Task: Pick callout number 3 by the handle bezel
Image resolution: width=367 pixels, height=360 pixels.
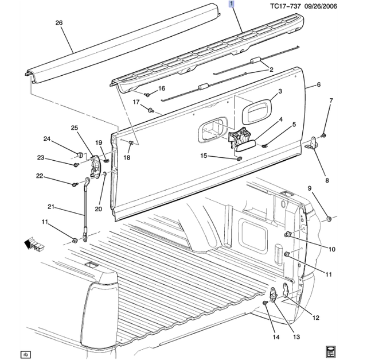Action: click(x=280, y=92)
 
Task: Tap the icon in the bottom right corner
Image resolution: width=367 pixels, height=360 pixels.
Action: click(x=331, y=350)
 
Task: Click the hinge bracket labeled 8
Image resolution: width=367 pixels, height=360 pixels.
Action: click(x=314, y=146)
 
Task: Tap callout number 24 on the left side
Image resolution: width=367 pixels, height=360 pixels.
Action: click(x=47, y=138)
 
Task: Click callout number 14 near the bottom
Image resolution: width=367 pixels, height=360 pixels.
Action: click(x=276, y=337)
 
